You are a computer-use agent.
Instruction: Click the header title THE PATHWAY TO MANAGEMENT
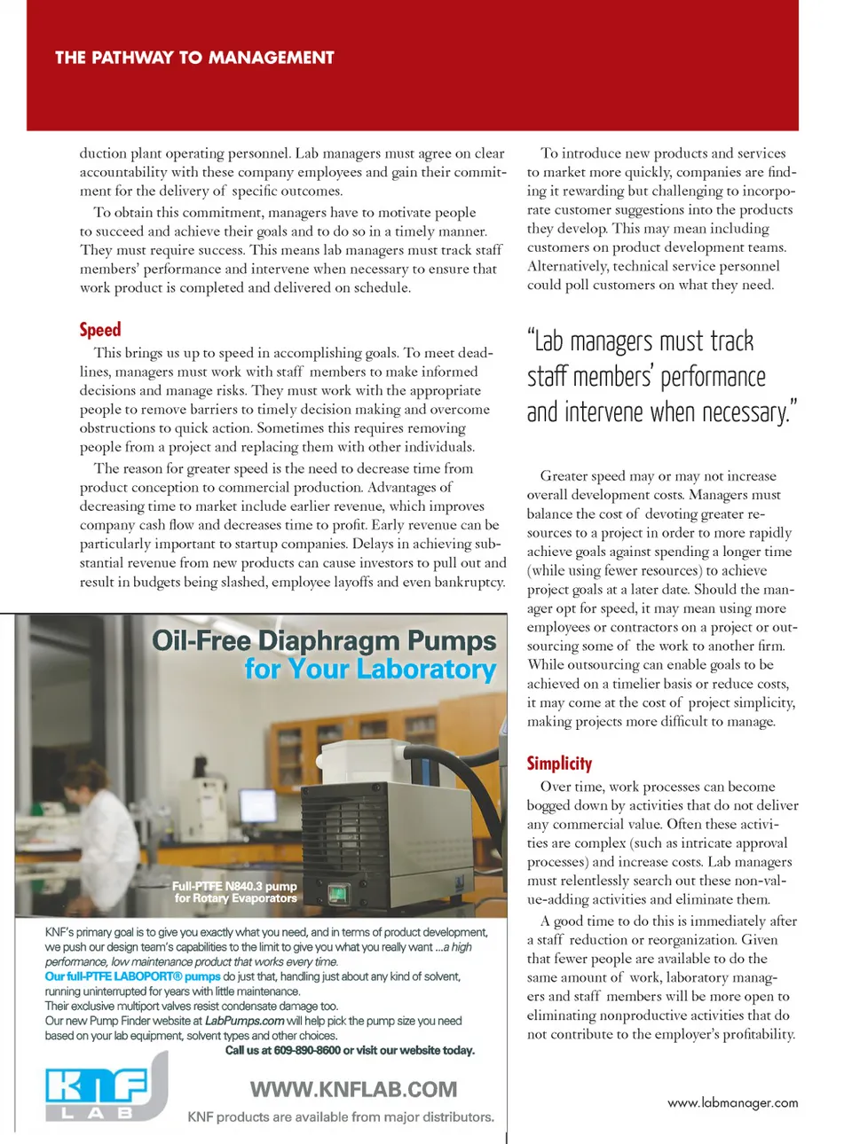[x=194, y=58]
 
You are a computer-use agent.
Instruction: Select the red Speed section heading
[x=100, y=330]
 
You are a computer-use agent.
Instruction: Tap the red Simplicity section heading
[x=559, y=764]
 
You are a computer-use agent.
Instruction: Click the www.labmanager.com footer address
[x=732, y=1102]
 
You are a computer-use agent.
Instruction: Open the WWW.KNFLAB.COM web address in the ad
[x=353, y=1089]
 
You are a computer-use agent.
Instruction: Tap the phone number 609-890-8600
[x=307, y=1050]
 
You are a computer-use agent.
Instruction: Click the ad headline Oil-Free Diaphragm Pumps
[x=324, y=640]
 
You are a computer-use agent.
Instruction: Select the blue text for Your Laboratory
[x=370, y=669]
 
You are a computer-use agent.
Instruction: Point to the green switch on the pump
[x=338, y=892]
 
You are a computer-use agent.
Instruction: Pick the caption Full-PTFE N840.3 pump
[x=234, y=886]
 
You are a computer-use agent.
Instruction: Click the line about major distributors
[x=341, y=1117]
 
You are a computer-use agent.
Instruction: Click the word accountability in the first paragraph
[x=123, y=172]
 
